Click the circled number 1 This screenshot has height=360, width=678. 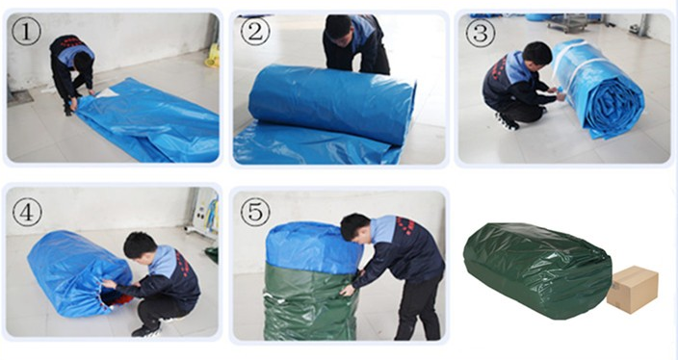pos(26,31)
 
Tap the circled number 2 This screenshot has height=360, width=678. pos(255,31)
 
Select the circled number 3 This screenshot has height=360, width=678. pos(480,33)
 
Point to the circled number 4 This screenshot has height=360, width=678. pos(27,212)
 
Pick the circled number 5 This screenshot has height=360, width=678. pos(255,212)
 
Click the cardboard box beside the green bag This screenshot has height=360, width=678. pos(633,289)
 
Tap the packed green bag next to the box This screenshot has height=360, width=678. pos(537,270)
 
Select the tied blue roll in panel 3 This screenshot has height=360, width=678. pos(598,89)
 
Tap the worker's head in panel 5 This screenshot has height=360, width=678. pos(354,227)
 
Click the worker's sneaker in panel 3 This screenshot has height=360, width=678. pos(507,121)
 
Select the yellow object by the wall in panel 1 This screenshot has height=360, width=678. pos(212,56)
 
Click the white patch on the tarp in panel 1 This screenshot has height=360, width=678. pos(106,92)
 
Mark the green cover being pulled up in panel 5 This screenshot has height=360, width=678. pos(310,302)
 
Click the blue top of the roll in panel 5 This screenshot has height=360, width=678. pos(314,247)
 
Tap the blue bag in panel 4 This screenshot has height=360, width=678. pos(79,273)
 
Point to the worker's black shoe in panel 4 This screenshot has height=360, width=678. pos(145,331)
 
